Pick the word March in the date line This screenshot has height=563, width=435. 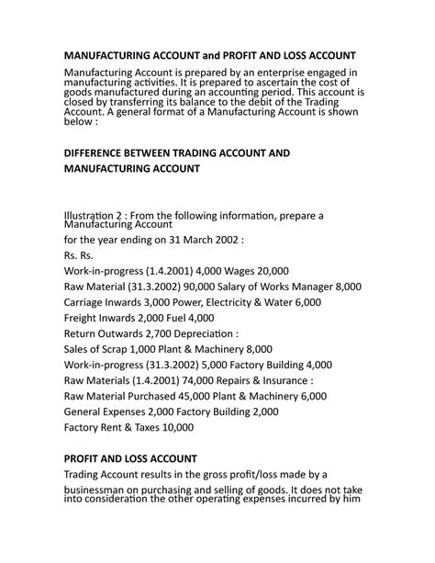[x=194, y=236]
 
